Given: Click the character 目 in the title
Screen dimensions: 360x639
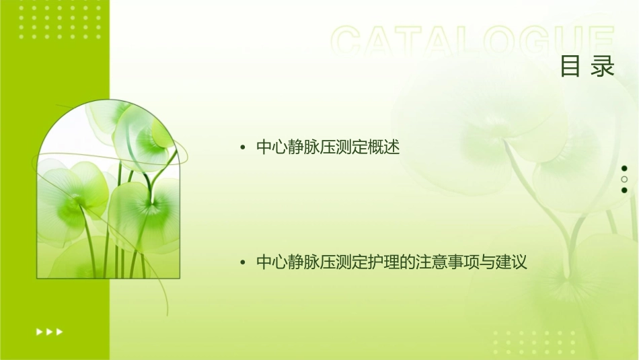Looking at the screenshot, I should pyautogui.click(x=570, y=67).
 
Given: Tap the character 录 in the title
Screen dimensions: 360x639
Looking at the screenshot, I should pyautogui.click(x=603, y=67).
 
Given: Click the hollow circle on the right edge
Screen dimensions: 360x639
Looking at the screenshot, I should pyautogui.click(x=624, y=179).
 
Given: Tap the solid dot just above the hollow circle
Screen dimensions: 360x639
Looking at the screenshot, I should pyautogui.click(x=624, y=168).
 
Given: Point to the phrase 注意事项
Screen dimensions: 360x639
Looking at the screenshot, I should pyautogui.click(x=448, y=262).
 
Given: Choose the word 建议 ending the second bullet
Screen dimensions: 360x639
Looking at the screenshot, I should pyautogui.click(x=512, y=262).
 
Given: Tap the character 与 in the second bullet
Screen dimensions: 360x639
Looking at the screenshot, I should pyautogui.click(x=488, y=262).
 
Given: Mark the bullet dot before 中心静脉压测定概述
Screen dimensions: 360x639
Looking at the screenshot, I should pyautogui.click(x=242, y=148).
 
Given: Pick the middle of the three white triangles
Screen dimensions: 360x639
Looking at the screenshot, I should pyautogui.click(x=49, y=331).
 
